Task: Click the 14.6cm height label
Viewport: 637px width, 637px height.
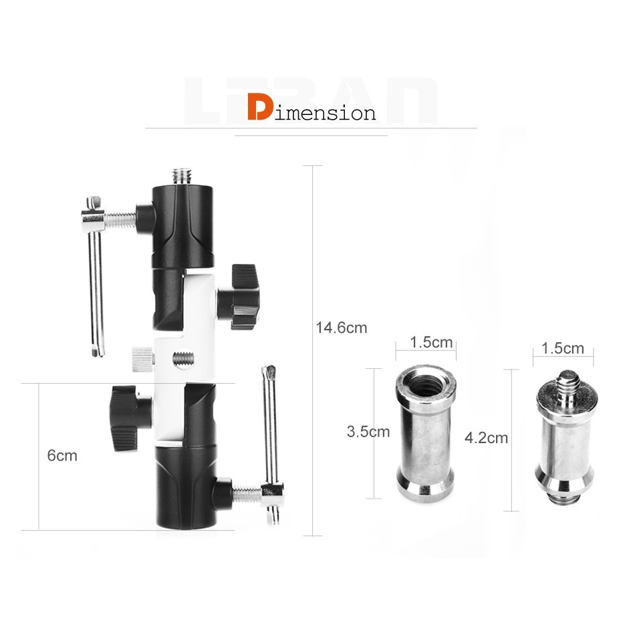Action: pos(342,328)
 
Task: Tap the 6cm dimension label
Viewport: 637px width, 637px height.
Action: pos(62,455)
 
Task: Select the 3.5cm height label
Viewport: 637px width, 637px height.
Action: pos(368,431)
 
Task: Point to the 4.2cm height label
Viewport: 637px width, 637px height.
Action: pos(487,438)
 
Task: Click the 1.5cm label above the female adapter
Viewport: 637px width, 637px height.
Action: pos(431,342)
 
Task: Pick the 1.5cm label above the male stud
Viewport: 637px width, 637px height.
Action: pos(563,348)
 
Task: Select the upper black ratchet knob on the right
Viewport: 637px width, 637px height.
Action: pos(240,297)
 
